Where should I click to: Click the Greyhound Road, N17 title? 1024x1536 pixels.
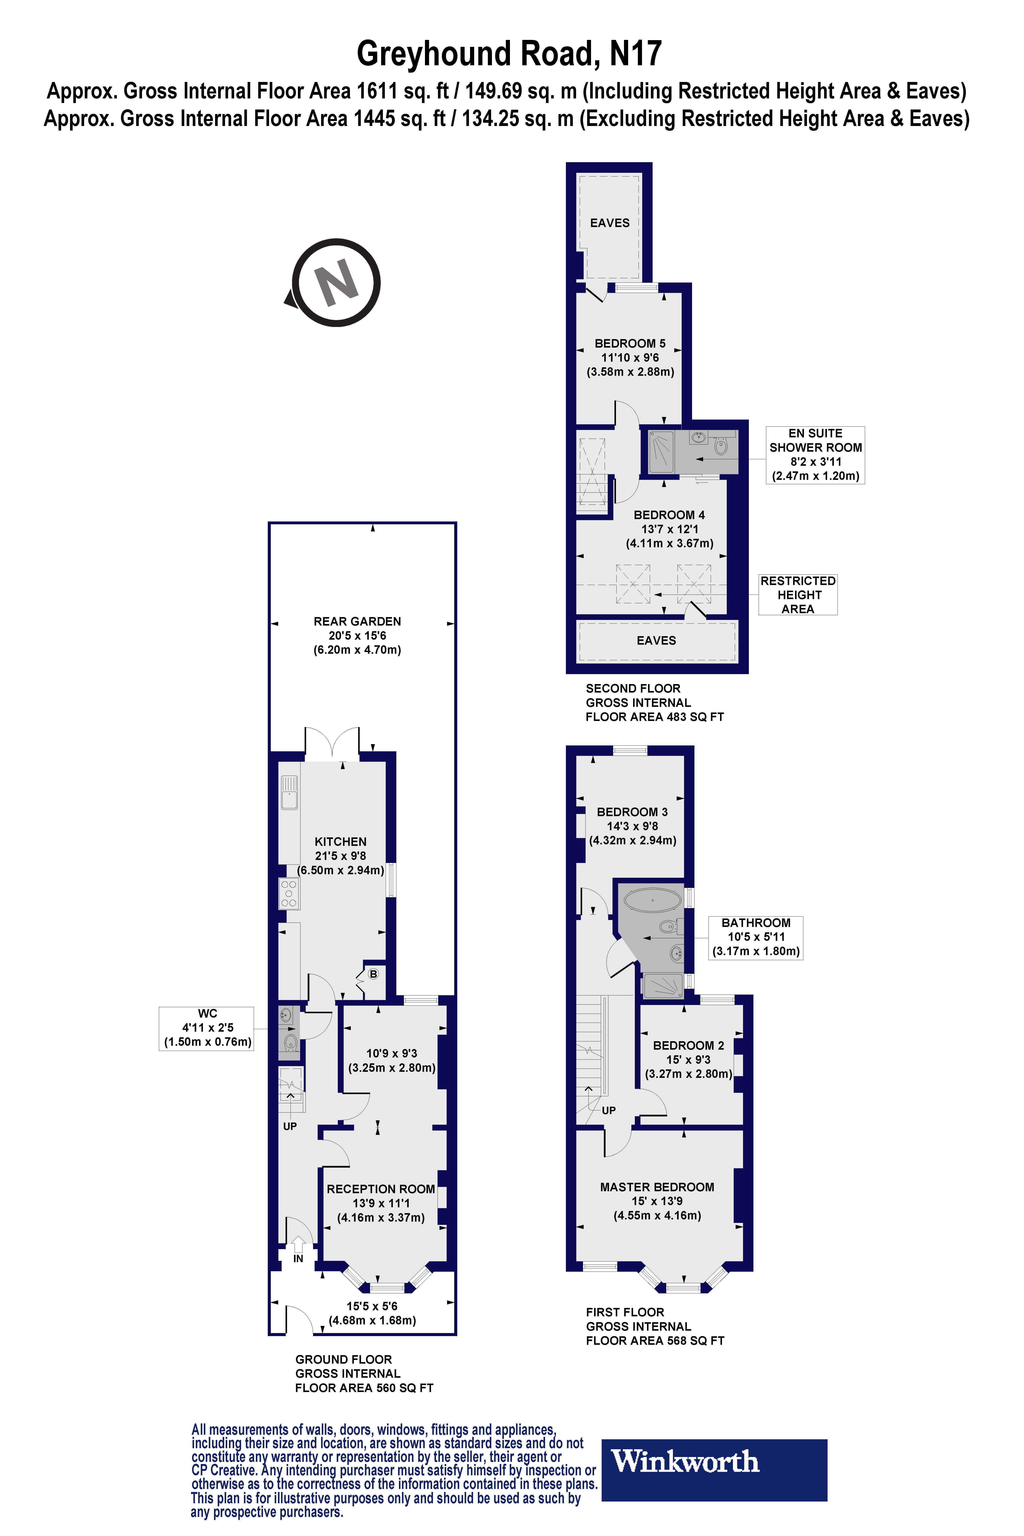[509, 54]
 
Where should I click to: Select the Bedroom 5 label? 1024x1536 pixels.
[630, 343]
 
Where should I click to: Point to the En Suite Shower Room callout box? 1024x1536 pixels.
[815, 454]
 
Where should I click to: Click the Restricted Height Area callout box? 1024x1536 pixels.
[797, 594]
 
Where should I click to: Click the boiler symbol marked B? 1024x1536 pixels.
[374, 974]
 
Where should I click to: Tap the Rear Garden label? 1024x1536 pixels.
[357, 621]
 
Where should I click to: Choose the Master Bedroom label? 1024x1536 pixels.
[657, 1187]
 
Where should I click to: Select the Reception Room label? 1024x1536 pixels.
[381, 1189]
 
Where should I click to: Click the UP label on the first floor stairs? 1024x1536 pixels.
[608, 1110]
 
